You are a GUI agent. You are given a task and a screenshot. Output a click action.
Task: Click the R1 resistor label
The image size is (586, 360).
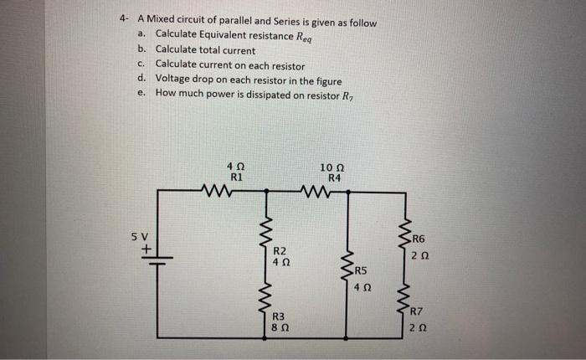pos(236,178)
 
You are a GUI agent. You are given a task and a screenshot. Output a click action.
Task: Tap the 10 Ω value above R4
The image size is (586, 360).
pos(333,168)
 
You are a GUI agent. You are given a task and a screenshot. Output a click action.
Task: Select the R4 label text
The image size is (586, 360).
pos(335,178)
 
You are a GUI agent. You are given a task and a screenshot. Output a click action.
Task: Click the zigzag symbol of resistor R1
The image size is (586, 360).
pos(224,193)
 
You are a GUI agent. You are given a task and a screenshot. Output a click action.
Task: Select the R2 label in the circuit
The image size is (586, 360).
pos(280,251)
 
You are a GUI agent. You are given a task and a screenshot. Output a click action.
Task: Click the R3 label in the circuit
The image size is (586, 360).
pos(280,316)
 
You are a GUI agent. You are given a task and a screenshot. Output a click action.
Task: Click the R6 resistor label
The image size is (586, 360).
pos(419,239)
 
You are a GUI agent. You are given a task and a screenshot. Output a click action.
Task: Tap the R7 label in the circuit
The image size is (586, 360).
pos(419,313)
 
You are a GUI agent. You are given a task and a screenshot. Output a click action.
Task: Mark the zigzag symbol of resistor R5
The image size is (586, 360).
pos(348,267)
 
